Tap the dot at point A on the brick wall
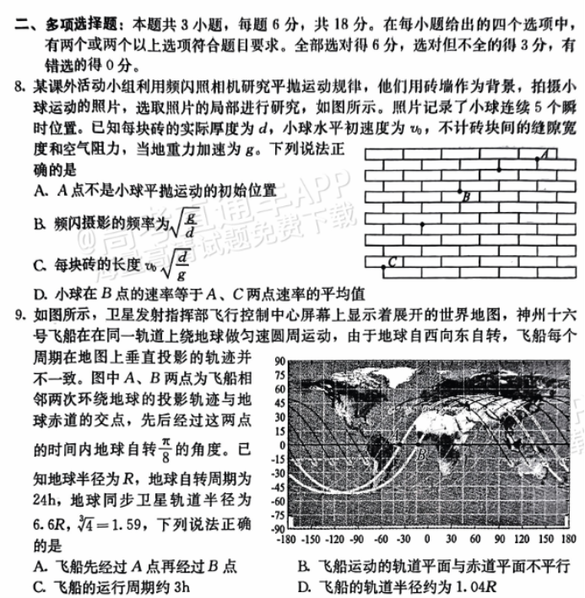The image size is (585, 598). click(537, 157)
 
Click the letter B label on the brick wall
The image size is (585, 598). click(467, 196)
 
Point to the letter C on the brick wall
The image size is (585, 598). click(393, 263)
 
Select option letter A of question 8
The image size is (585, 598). click(40, 193)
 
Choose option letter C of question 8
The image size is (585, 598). click(40, 266)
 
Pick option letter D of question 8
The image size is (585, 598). click(40, 295)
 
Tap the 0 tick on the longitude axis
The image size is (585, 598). click(426, 538)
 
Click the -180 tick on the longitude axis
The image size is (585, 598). click(288, 538)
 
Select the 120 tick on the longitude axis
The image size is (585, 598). click(520, 538)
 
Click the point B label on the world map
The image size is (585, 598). click(420, 457)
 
